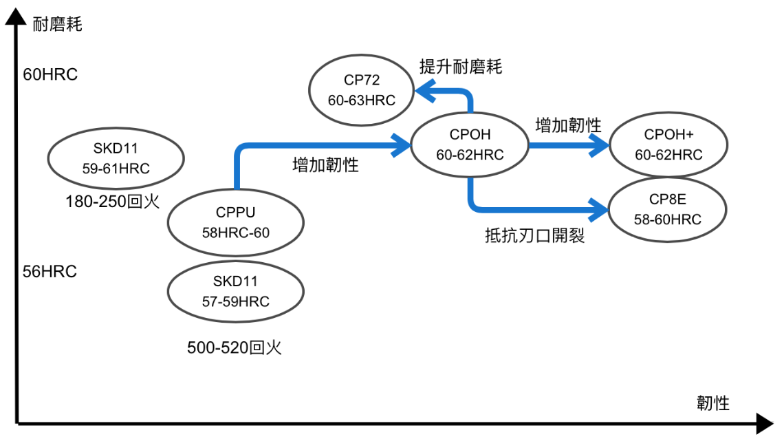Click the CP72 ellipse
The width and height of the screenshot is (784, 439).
[x=361, y=90]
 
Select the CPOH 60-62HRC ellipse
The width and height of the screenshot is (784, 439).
[x=470, y=144]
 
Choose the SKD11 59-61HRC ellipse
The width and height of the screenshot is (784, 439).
[x=116, y=158]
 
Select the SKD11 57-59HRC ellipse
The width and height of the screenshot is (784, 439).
[x=236, y=291]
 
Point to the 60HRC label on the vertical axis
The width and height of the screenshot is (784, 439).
[x=50, y=74]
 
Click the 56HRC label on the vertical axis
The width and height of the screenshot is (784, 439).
[x=50, y=271]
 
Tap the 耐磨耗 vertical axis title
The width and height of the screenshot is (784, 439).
[x=58, y=25]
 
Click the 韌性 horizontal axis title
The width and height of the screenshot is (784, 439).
[x=712, y=403]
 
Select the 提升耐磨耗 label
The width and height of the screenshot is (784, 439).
[x=461, y=67]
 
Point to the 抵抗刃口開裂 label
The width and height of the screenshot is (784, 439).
[x=535, y=236]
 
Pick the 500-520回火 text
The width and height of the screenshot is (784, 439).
[x=235, y=347]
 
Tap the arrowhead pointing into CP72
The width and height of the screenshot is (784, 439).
[x=421, y=89]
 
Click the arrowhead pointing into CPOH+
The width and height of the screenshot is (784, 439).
[x=600, y=144]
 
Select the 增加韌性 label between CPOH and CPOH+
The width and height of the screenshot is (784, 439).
[x=568, y=125]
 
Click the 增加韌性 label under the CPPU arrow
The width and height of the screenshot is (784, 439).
[x=325, y=164]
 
